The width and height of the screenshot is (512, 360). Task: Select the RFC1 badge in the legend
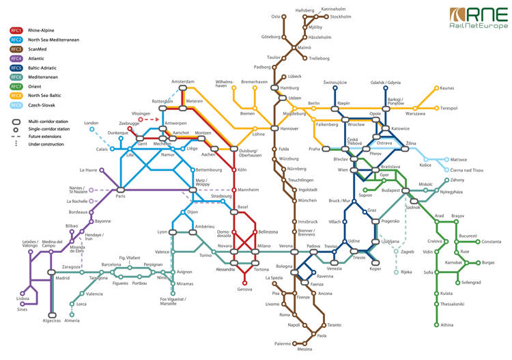pos(16,31)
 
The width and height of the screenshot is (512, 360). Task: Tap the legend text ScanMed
pos(38,49)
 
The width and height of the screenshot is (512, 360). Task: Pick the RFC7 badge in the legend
pos(16,87)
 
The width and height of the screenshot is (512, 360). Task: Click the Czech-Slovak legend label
pos(42,105)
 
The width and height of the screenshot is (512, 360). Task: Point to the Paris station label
pos(120,197)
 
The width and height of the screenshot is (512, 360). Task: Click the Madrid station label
pos(62,278)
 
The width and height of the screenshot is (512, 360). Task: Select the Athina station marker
pos(436,324)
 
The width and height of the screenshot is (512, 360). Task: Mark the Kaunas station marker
pos(436,88)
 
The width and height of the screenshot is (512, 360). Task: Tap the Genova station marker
pos(244,282)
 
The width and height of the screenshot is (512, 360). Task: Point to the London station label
pos(91,123)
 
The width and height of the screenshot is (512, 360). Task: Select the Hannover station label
pos(289,128)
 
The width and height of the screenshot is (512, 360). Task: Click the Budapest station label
pos(390,191)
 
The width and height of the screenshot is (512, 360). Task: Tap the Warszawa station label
pos(415,113)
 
